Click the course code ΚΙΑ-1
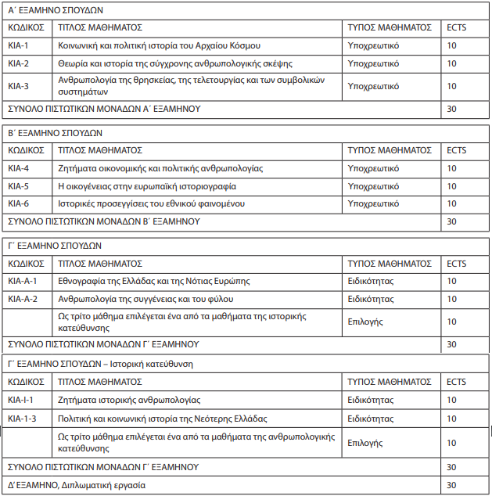[x=19, y=46]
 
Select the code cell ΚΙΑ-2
[x=19, y=63]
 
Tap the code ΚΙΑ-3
[x=19, y=86]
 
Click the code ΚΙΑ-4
[x=19, y=168]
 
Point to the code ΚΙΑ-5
[x=19, y=186]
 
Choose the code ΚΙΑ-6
[x=19, y=203]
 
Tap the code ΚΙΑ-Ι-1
[x=22, y=400]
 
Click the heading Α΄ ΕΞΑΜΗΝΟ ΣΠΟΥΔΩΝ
[x=54, y=10]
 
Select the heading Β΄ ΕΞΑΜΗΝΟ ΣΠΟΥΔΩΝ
[x=54, y=133]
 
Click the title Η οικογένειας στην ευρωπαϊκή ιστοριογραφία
[x=147, y=186]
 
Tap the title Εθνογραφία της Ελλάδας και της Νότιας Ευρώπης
[x=156, y=281]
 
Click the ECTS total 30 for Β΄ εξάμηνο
[x=451, y=221]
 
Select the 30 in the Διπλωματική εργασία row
[x=451, y=485]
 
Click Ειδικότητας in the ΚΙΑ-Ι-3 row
[x=369, y=419]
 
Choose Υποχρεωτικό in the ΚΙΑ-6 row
[x=373, y=203]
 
